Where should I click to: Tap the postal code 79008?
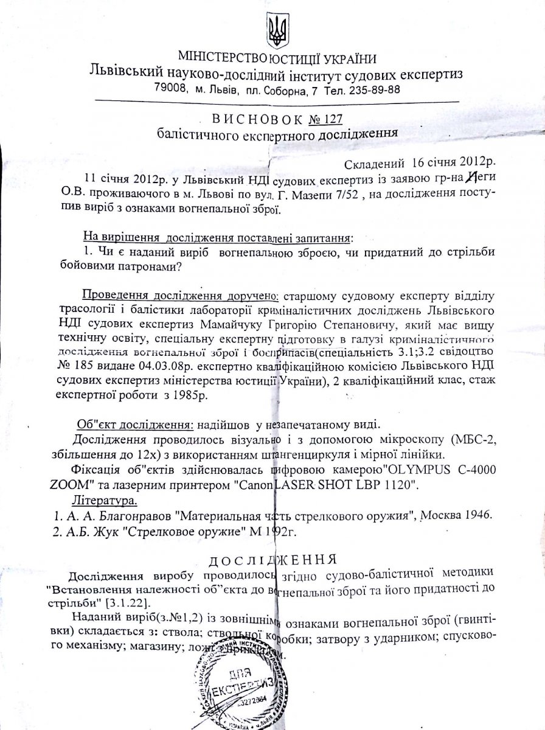coord(172,89)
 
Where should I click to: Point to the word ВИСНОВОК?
coord(246,115)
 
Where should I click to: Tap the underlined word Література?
coord(104,501)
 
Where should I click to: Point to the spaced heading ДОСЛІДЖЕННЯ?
coord(272,558)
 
